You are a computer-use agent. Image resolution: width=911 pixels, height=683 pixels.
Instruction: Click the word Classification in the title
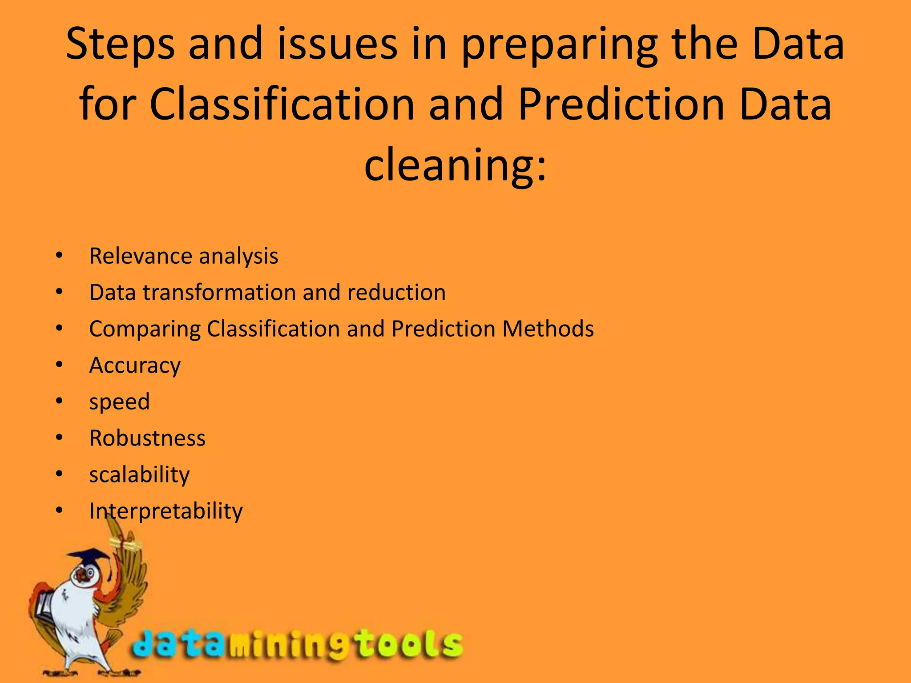pos(282,104)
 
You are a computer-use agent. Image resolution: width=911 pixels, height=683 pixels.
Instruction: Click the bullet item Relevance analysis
pos(183,257)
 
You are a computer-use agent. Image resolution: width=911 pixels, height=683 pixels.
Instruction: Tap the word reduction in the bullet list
pos(396,293)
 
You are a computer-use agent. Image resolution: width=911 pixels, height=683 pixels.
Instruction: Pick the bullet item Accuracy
pos(135,366)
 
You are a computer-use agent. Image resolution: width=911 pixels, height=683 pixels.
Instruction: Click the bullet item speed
pos(119,402)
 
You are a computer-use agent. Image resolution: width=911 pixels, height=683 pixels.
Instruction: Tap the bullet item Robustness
pos(147,438)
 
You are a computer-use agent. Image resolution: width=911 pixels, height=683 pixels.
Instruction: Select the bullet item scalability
pos(139,474)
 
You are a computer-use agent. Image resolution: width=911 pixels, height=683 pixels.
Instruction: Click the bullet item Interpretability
pos(165,511)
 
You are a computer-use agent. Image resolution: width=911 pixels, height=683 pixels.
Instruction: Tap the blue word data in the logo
pos(178,645)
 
